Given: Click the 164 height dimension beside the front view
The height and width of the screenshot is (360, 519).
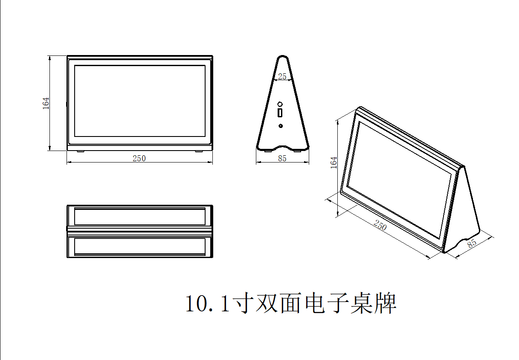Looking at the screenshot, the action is point(46,103).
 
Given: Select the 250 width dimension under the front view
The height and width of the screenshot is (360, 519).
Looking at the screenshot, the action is point(139,159).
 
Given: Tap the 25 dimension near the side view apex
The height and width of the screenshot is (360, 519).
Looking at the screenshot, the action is point(282,76).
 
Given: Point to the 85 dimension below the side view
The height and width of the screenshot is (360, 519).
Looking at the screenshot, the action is point(282,159).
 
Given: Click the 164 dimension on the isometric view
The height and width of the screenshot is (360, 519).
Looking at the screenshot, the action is point(333,163).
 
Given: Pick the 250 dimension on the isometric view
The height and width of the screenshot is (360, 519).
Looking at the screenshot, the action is point(380,225).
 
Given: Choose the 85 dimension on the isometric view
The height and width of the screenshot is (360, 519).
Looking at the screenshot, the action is point(472,244).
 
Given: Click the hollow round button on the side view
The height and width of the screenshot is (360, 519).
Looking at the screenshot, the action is point(280,104).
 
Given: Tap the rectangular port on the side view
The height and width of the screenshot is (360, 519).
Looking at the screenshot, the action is point(280,113).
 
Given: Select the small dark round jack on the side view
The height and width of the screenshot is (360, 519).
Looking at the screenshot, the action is point(281,126).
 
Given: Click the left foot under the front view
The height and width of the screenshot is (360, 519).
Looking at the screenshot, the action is point(81,151).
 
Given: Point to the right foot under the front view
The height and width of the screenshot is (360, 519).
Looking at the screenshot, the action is point(199,151).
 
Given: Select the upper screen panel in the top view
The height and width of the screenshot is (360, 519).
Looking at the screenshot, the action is point(140,216).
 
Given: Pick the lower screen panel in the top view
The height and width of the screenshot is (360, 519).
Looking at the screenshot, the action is point(140,246).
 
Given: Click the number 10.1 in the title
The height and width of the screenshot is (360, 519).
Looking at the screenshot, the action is point(208,304).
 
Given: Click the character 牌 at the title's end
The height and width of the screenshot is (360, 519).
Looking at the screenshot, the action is point(385,303).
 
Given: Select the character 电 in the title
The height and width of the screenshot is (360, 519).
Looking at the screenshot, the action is point(315,303).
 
